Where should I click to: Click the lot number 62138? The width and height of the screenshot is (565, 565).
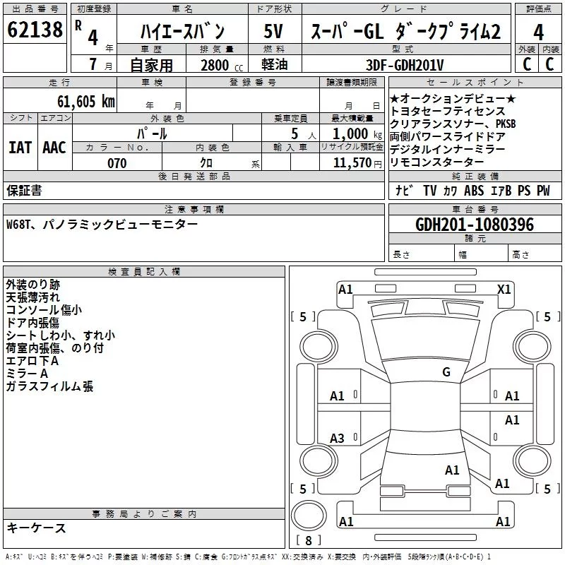[x=35, y=30]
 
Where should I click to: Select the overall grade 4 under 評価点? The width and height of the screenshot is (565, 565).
[x=538, y=32]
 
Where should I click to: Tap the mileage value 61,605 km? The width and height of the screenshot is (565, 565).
[x=86, y=102]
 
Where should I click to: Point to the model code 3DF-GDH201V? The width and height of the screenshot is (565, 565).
[x=405, y=65]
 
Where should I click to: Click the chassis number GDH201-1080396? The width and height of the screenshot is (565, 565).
[x=475, y=225]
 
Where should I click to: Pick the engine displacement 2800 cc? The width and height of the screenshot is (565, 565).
[x=222, y=65]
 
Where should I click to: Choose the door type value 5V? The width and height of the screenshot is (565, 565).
[x=273, y=31]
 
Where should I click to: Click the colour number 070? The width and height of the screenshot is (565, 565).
[x=117, y=163]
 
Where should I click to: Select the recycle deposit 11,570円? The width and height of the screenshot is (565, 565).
[x=357, y=163]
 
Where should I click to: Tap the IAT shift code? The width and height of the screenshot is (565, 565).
[x=20, y=148]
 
